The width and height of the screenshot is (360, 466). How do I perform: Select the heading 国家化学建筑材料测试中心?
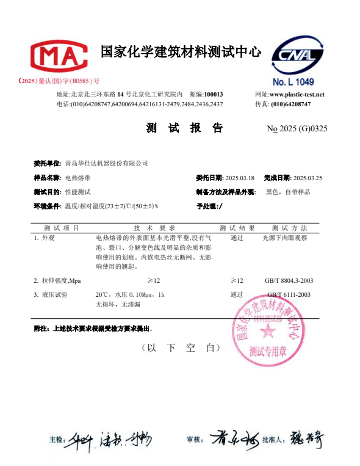[181, 52]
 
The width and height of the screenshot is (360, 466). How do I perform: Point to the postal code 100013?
[214, 95]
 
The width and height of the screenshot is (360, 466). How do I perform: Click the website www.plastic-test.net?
[297, 95]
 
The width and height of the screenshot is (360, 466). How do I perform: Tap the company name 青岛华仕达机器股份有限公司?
[106, 163]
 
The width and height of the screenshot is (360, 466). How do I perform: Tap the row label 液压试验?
[54, 294]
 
